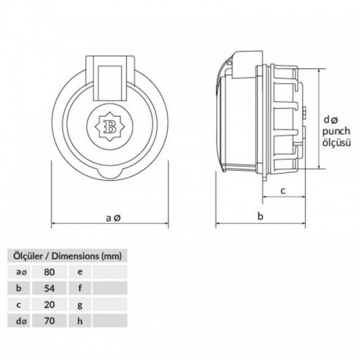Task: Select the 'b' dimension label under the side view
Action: tap(261, 217)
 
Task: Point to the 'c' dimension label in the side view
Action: tap(283, 190)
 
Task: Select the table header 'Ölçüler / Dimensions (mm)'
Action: tap(65, 255)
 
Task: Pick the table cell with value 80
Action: tap(49, 272)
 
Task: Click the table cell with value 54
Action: tap(49, 288)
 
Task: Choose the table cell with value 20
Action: tap(49, 305)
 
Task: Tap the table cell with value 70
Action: tap(49, 320)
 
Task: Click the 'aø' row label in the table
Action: tap(19, 272)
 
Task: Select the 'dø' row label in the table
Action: tap(19, 320)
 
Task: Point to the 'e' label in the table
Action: tap(79, 272)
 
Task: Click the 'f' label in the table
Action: tap(79, 288)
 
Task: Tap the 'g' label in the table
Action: tap(79, 305)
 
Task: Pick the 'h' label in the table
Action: tap(79, 320)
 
